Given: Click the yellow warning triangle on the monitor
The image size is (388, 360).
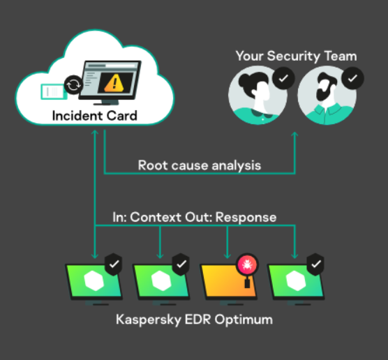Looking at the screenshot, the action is [x=114, y=83].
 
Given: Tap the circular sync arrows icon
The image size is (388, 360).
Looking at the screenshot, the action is [x=73, y=85].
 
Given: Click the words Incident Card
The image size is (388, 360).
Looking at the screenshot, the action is [x=94, y=116].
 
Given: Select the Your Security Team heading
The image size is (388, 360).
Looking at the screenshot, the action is [x=296, y=57].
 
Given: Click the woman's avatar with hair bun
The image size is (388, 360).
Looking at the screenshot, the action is [x=258, y=96].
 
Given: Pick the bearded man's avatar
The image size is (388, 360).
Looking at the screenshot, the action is [x=327, y=96].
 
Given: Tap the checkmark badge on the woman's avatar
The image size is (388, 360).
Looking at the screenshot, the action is [x=283, y=78].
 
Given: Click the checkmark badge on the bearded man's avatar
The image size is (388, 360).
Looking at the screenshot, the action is [x=352, y=78].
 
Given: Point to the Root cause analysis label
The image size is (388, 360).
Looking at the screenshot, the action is [x=200, y=165].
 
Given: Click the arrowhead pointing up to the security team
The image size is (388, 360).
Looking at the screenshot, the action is [x=294, y=135].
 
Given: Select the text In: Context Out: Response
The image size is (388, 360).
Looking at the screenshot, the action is [x=195, y=217].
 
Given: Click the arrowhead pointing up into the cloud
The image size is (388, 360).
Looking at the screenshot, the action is [x=95, y=133].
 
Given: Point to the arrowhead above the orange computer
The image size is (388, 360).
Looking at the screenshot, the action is [x=227, y=256].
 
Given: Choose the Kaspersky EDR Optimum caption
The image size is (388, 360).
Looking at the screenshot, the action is [x=195, y=320].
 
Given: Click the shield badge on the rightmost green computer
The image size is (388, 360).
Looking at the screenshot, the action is [x=315, y=264].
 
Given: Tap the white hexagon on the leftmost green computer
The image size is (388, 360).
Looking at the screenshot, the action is [x=94, y=281].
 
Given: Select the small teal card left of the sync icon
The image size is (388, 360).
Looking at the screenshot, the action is [x=54, y=92].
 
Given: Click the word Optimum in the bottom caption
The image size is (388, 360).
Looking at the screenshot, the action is [x=244, y=320].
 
